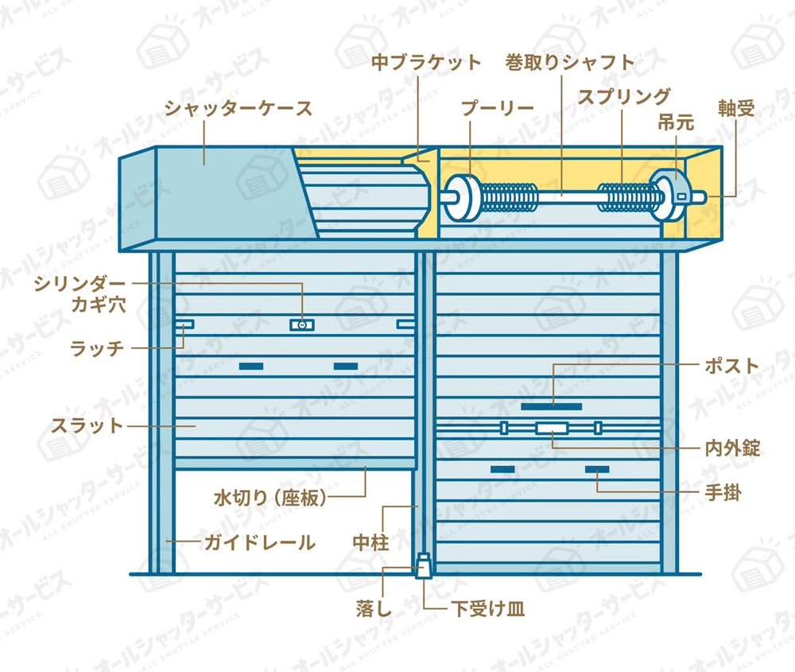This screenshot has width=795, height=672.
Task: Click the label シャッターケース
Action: (x=238, y=108)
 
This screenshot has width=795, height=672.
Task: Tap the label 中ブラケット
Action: (x=426, y=62)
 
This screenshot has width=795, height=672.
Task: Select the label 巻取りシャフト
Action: (x=570, y=62)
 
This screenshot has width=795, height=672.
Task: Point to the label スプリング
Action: (x=624, y=96)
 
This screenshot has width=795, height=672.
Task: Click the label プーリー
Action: (x=498, y=108)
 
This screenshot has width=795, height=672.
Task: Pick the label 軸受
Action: (x=736, y=108)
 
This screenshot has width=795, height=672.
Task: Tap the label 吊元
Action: (x=676, y=122)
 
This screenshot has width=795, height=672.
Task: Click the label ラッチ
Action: (x=97, y=348)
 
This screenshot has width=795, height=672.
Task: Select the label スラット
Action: (x=87, y=425)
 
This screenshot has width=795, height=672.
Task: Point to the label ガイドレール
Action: (x=260, y=542)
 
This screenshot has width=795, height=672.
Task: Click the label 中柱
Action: (x=371, y=542)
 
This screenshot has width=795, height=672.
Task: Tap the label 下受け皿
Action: (x=488, y=608)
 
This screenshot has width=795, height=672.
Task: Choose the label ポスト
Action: (x=731, y=366)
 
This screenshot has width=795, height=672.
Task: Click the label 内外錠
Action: (x=733, y=449)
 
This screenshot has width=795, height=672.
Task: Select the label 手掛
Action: (x=723, y=492)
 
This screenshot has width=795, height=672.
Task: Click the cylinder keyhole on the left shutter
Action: (x=301, y=324)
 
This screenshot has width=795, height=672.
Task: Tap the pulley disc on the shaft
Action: (x=464, y=198)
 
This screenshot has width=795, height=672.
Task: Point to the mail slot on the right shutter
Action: (x=552, y=406)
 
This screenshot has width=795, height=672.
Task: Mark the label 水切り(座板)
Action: (x=270, y=498)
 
